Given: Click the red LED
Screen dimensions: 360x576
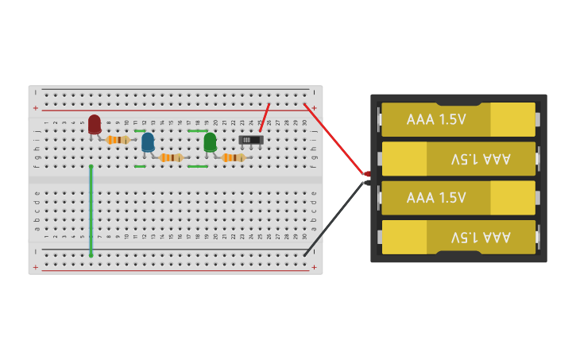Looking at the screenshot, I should (95, 123).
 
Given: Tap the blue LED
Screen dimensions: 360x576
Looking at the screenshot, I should (148, 141).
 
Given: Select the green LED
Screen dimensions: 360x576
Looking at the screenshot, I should (210, 141).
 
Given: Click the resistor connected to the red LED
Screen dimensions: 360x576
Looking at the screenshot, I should (118, 140).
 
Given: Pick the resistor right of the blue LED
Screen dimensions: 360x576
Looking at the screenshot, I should (171, 157).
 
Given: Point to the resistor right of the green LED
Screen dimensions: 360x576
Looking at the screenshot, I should (233, 157).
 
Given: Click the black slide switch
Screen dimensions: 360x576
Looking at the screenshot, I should (251, 140).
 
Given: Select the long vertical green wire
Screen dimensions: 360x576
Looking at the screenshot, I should (91, 211).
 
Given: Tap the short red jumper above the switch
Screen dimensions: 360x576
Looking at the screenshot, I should (264, 118).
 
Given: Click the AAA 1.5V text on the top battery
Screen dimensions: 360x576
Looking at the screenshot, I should (436, 120).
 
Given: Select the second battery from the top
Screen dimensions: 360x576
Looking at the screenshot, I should (458, 159).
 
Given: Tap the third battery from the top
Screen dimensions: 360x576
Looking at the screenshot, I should (458, 198).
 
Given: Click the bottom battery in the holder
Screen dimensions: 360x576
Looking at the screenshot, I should (458, 237).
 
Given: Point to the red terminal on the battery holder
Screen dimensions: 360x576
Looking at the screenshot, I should (367, 174).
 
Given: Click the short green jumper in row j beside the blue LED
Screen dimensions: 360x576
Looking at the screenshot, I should (140, 130).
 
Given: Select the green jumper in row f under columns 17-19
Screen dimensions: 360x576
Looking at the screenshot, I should (197, 166).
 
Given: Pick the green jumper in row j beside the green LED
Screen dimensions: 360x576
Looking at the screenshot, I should (197, 130).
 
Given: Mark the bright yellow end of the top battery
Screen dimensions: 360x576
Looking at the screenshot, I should (512, 120).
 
